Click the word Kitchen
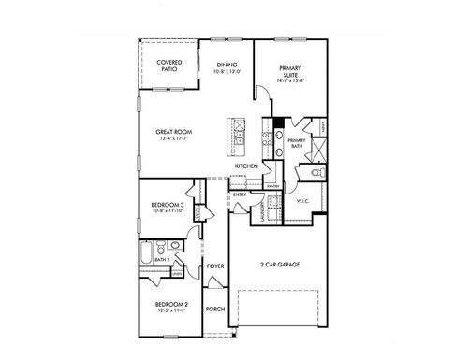246,166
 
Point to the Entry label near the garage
240,194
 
